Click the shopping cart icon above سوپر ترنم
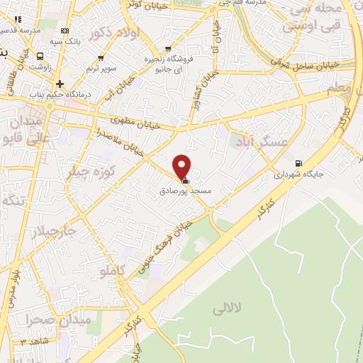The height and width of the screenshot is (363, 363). point(100,58)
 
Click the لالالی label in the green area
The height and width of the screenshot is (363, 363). point(227,308)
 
